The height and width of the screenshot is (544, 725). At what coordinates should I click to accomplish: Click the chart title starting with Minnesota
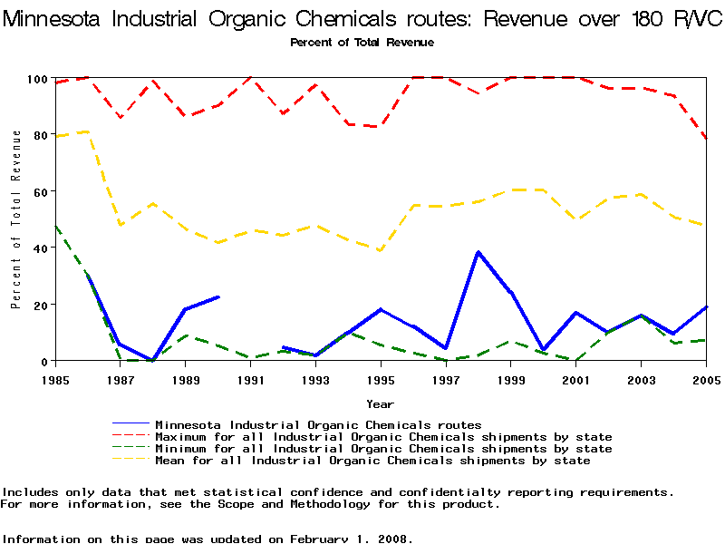point(362,20)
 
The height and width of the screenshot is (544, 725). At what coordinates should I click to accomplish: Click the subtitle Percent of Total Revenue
point(362,43)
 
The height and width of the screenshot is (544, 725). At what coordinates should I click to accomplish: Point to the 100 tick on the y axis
point(36,79)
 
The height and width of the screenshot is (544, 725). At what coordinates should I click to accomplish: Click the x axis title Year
point(380,403)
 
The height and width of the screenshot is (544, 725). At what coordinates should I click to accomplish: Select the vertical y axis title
point(15,219)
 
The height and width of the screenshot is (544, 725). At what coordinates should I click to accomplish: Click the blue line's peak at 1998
point(478,252)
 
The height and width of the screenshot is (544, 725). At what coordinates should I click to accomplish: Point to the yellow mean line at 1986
point(88,131)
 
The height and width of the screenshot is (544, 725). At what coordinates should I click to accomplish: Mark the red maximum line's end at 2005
point(705,138)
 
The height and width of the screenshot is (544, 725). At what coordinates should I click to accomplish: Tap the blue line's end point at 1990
point(218,296)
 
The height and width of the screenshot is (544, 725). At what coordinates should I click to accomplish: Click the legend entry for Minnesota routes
point(317,424)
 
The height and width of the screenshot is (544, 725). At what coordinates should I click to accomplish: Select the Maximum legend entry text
point(383,437)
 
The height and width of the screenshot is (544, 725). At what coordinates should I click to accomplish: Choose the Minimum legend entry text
point(383,449)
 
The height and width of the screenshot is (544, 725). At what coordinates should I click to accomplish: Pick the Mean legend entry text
point(372,461)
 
